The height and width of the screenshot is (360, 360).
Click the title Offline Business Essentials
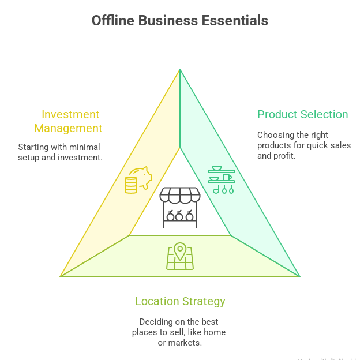pyautogui.click(x=179, y=21)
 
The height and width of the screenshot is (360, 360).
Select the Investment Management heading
pyautogui.click(x=68, y=121)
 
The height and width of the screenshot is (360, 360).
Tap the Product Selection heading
pyautogui.click(x=302, y=114)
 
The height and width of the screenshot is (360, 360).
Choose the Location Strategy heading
pyautogui.click(x=180, y=301)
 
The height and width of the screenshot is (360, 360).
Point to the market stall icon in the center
pyautogui.click(x=179, y=207)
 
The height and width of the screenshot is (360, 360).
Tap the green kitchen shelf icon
pyautogui.click(x=221, y=181)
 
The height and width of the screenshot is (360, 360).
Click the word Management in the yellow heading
pyautogui.click(x=68, y=128)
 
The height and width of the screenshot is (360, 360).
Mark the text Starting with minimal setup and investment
pyautogui.click(x=60, y=152)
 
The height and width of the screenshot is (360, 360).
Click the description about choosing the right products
pyautogui.click(x=303, y=145)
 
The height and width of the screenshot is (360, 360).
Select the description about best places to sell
pyautogui.click(x=179, y=332)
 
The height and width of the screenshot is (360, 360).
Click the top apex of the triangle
pyautogui.click(x=180, y=70)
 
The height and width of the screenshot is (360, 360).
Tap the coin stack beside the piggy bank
pyautogui.click(x=131, y=185)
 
